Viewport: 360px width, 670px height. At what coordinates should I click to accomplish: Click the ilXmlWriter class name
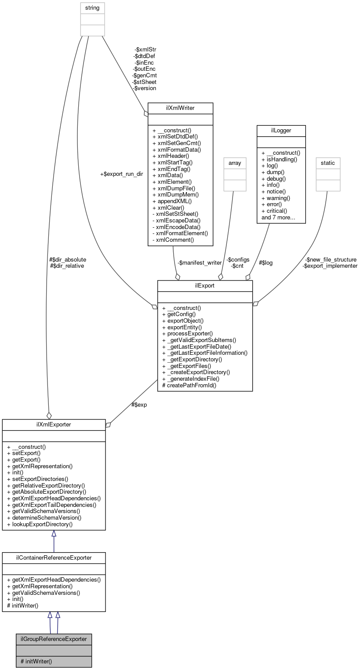(x=180, y=108)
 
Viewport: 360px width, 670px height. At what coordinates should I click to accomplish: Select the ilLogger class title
(x=280, y=131)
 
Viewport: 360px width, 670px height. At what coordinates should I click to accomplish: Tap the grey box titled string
(x=92, y=7)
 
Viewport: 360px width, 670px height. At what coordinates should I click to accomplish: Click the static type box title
(x=327, y=163)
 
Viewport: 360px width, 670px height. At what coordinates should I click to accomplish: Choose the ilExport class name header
(x=205, y=286)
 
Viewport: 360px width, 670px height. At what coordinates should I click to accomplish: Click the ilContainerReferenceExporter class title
(x=54, y=557)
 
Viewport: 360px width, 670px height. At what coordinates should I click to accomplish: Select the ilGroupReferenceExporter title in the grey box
(x=54, y=638)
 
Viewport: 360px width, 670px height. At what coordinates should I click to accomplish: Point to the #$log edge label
(x=265, y=262)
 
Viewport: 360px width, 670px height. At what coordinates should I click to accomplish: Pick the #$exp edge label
(x=139, y=404)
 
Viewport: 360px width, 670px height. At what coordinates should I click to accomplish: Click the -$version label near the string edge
(x=145, y=88)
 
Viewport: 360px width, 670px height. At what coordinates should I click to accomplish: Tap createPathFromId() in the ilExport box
(x=189, y=385)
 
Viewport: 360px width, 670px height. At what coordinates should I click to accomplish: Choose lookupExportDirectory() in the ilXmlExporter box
(x=40, y=524)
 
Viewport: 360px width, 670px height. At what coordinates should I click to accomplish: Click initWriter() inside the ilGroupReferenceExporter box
(x=36, y=661)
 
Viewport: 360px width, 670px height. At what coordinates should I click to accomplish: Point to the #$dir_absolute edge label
(x=68, y=259)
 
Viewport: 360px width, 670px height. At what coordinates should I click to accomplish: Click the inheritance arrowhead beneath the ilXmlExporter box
(x=54, y=534)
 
